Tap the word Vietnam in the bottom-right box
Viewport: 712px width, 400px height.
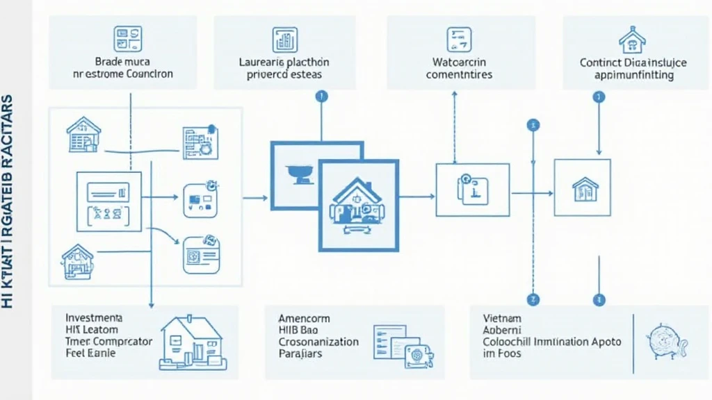502,317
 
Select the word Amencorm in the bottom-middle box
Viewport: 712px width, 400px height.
304,318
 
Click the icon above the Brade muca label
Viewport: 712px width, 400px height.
127,39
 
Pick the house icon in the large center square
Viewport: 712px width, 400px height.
357,203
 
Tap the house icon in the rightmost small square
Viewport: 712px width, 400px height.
585,188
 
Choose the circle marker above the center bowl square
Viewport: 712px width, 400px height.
320,96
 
